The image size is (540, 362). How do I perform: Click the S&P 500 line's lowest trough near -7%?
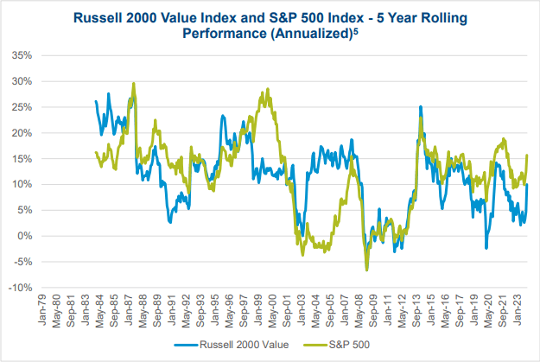(x=366, y=270)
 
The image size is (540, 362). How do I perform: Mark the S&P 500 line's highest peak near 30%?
(x=133, y=84)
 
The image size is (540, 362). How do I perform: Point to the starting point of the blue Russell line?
(x=95, y=101)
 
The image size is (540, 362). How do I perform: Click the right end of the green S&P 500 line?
(x=527, y=156)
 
